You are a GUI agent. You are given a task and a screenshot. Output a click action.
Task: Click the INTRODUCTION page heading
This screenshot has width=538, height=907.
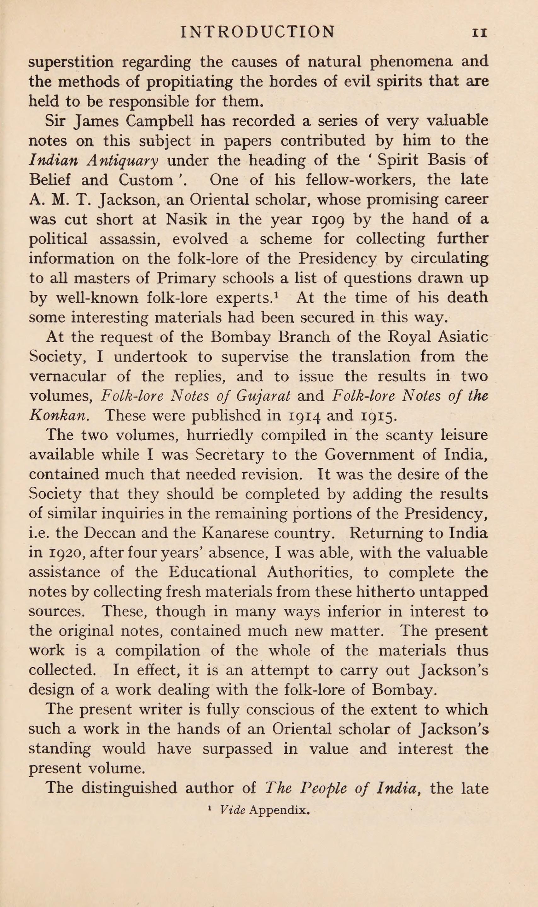coord(257,32)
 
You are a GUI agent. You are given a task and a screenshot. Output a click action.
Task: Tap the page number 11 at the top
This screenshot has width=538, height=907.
coord(480,33)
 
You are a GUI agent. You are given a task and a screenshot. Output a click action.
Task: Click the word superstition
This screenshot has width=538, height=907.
coord(71,62)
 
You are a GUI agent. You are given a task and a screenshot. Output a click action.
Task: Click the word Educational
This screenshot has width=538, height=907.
coord(212,573)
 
